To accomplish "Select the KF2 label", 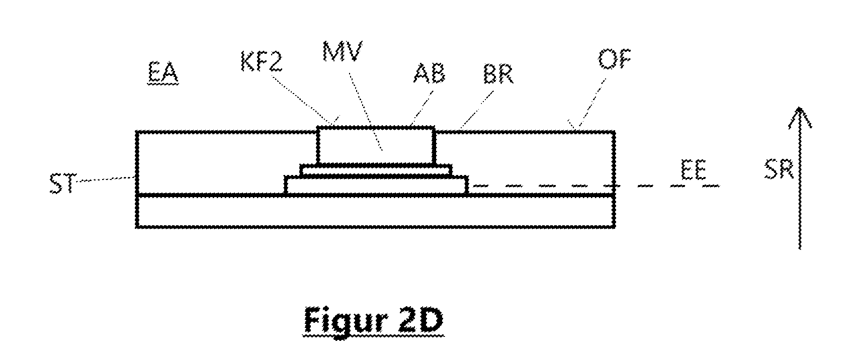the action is coord(261,62).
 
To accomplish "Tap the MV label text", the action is coord(343,51).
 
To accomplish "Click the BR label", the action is coord(498,74).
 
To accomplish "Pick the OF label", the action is coord(614,59).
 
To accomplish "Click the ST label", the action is coord(63,184).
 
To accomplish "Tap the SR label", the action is coord(779,169).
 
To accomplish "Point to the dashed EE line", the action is coord(595,186).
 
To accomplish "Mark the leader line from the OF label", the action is coord(588,103).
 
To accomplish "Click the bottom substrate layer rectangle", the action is coord(375,211).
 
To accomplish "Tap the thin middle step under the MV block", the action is coord(376,170).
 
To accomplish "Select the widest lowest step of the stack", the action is coord(376,186).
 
